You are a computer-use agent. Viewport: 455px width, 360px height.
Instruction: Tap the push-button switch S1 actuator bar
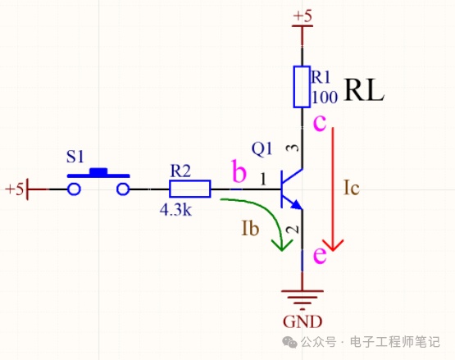[98, 173]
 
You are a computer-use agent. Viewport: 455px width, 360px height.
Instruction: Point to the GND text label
[303, 321]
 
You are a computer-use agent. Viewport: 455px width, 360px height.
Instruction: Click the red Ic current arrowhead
[333, 245]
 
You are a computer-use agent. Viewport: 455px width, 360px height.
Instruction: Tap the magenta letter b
[239, 171]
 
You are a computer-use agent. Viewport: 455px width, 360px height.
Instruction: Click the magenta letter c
[320, 123]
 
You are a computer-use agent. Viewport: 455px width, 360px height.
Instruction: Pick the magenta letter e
[320, 255]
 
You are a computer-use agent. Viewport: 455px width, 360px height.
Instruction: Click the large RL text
[364, 90]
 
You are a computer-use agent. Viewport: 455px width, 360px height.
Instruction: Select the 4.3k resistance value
[175, 210]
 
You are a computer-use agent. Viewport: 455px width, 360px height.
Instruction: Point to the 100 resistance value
[325, 98]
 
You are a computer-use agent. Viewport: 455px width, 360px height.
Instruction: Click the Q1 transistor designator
[262, 149]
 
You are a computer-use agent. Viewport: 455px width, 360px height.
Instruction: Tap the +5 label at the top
[303, 16]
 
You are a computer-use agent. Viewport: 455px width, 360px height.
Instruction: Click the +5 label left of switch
[14, 189]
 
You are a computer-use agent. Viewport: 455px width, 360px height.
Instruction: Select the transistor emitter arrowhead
[297, 205]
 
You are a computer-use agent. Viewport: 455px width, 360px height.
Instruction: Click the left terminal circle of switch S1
[74, 189]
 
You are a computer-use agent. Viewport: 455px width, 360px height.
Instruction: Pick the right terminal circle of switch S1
[123, 189]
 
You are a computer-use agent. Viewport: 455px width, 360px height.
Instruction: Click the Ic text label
[351, 188]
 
